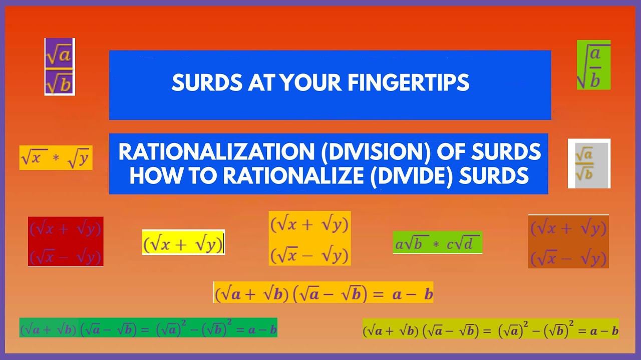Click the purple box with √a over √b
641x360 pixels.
pyautogui.click(x=60, y=66)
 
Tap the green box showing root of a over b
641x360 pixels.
pyautogui.click(x=593, y=65)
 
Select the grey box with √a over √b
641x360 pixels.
pyautogui.click(x=589, y=163)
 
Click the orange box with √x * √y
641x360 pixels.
pyautogui.click(x=56, y=158)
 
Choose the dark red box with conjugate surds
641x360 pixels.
pyautogui.click(x=66, y=241)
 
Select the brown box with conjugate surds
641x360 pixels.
pyautogui.click(x=568, y=242)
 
